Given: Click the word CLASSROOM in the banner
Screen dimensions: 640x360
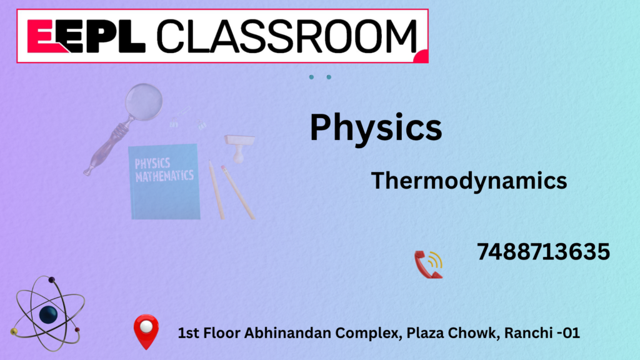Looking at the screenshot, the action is point(287,36).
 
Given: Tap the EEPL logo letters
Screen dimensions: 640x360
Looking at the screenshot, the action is point(86,36).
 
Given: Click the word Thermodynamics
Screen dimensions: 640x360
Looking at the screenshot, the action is point(469,181).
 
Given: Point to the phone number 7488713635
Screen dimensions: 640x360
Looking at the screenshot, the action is point(543,251).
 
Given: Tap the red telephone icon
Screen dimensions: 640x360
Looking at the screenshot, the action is point(428,264).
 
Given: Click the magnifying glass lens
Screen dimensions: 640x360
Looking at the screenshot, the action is point(144,102).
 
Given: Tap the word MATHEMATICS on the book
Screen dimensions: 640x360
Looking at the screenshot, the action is point(164,176).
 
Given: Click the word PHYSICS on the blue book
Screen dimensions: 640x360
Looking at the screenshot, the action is point(152,164).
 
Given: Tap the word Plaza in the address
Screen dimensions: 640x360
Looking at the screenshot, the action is point(425,333).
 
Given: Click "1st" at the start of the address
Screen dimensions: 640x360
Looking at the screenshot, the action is point(189,333).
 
